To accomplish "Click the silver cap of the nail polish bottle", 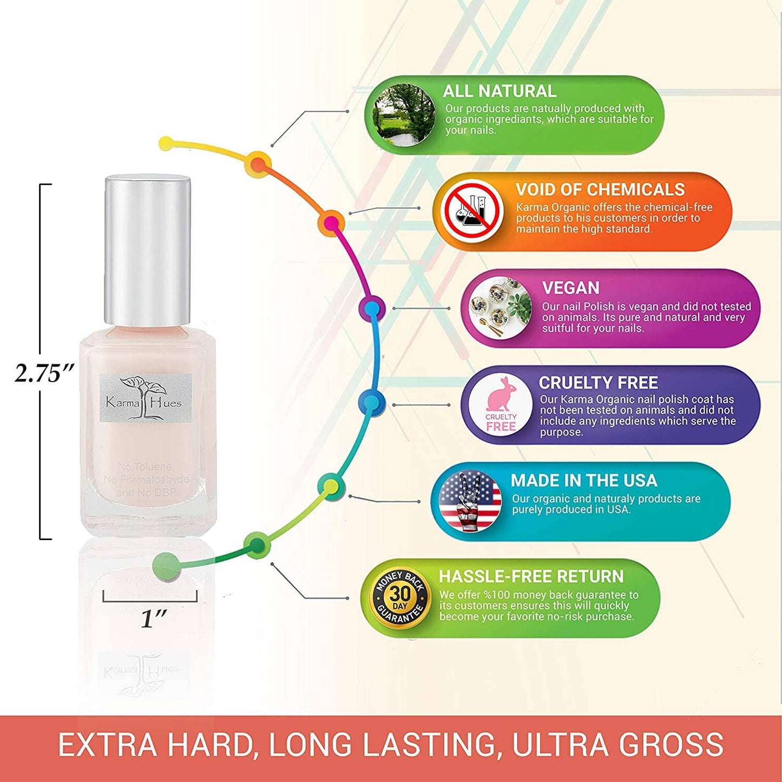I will (147, 251).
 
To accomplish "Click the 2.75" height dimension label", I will (44, 373).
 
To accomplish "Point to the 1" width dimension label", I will (154, 618).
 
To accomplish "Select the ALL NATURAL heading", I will (500, 91).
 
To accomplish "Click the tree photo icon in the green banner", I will (404, 115).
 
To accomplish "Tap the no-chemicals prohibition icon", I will (471, 212).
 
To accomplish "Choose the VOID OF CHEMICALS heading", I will (600, 189).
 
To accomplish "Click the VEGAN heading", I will (570, 287).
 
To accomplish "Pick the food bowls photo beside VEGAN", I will (500, 308).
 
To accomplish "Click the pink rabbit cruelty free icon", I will (501, 404).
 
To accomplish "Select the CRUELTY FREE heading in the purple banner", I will (598, 383).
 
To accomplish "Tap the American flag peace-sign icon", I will (470, 501).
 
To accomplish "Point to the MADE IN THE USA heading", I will (583, 480).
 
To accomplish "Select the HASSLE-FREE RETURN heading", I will (531, 576).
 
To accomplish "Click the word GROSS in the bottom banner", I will (671, 745).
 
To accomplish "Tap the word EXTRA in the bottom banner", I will (107, 745).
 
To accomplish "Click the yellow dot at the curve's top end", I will (167, 143).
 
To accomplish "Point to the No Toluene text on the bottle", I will (146, 466).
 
